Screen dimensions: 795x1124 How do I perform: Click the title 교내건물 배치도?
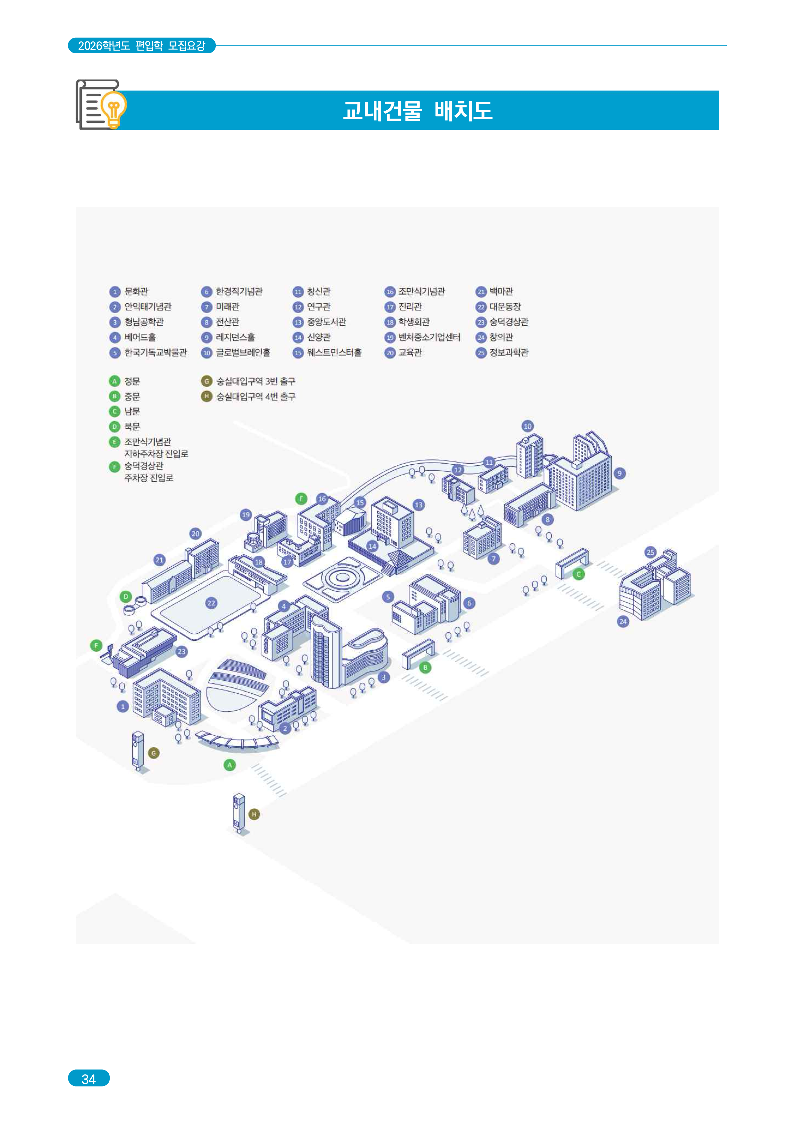click(418, 111)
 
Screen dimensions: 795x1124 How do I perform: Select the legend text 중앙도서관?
click(327, 322)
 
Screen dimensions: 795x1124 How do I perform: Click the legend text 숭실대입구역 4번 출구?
click(256, 396)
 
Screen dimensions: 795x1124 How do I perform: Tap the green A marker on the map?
click(230, 765)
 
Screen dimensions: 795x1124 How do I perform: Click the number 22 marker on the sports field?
click(211, 603)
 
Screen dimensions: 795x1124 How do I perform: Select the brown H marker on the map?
click(254, 814)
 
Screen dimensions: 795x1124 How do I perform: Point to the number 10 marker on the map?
click(527, 426)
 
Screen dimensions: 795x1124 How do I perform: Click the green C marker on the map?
click(579, 574)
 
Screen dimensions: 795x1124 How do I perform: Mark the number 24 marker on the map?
click(623, 621)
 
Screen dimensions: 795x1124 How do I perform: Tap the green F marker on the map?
click(96, 646)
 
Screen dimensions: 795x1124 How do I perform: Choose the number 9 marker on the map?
click(619, 473)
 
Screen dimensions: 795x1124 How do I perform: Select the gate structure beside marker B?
click(418, 653)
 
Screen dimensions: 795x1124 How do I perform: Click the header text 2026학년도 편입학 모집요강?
click(141, 46)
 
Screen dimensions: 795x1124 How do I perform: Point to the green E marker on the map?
click(301, 499)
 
